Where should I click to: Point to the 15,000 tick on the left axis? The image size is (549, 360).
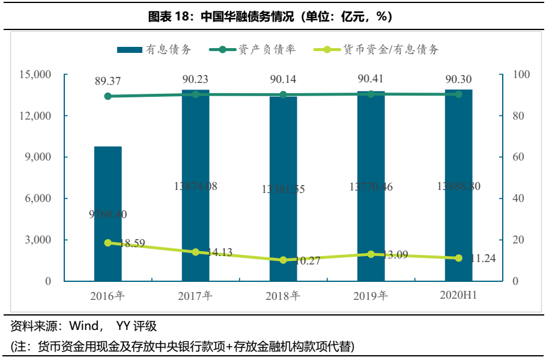click(35, 75)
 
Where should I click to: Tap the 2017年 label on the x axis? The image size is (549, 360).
click(195, 296)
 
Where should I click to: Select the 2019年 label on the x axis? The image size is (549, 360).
click(371, 296)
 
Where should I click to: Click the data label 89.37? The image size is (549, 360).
click(108, 81)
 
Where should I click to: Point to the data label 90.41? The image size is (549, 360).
click(371, 79)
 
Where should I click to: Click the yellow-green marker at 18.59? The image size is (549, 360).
click(108, 243)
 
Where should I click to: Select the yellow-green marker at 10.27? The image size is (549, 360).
click(284, 260)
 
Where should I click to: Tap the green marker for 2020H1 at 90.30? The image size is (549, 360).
click(458, 94)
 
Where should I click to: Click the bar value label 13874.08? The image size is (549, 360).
click(196, 186)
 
